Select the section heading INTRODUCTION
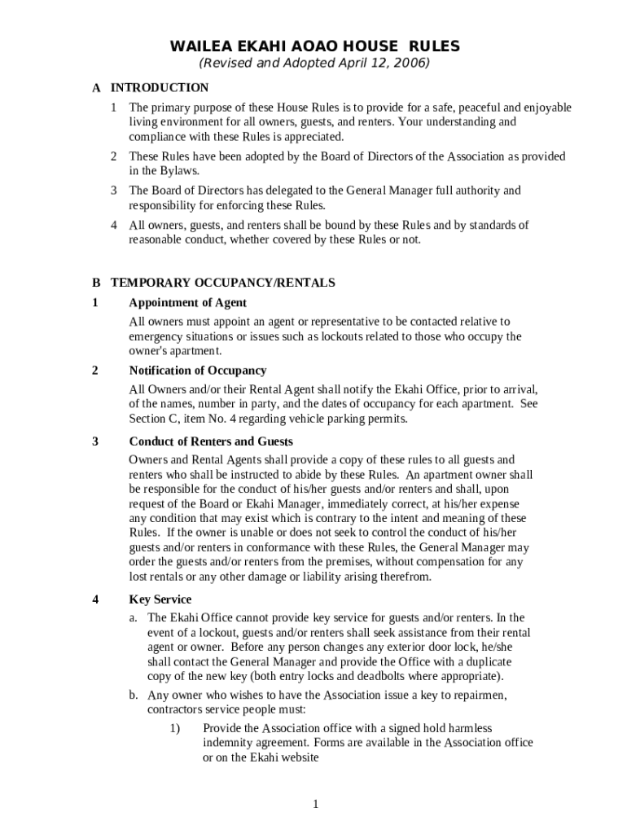(160, 88)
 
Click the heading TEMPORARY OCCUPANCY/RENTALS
(222, 283)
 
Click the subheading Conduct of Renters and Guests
(211, 441)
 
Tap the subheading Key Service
(160, 599)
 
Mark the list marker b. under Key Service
(133, 696)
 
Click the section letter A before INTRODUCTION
(96, 88)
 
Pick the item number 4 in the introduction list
(114, 226)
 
